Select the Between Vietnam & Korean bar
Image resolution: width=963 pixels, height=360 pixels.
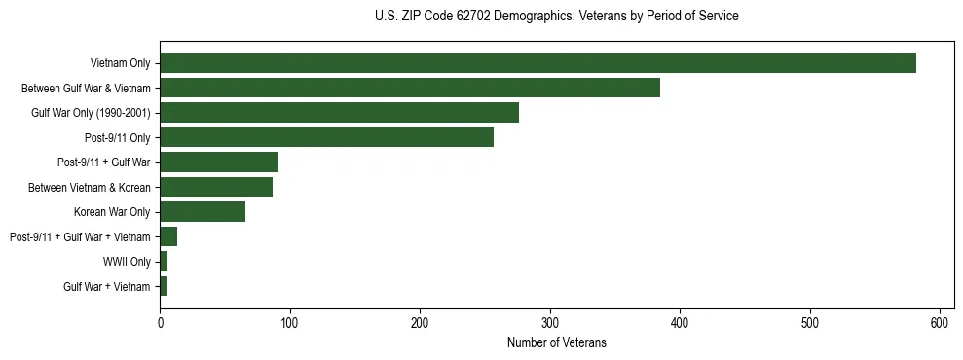(x=216, y=187)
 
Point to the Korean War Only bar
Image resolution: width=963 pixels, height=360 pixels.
(x=203, y=212)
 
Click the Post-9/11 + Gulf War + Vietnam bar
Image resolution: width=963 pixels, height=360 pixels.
(x=168, y=236)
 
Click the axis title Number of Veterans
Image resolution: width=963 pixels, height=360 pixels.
(x=556, y=342)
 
